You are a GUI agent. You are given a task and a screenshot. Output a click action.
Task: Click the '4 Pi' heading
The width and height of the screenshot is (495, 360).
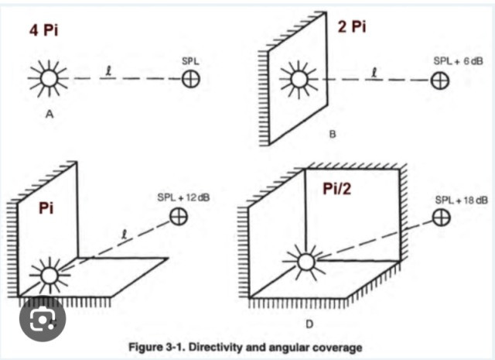[x=43, y=31]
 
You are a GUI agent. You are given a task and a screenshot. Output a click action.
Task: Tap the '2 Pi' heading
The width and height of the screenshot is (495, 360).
[x=352, y=26]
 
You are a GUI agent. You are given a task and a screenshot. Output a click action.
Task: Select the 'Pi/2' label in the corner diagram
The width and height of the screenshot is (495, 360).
[x=336, y=189]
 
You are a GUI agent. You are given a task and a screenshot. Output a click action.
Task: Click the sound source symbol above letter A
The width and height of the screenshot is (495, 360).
[x=49, y=78]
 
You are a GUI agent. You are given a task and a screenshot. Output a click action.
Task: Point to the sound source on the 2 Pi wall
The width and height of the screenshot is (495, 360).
[x=299, y=79]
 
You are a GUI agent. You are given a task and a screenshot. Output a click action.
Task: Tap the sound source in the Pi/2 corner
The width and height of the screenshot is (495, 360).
[x=306, y=262]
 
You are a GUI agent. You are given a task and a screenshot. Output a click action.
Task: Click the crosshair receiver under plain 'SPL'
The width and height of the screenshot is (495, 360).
[x=191, y=79]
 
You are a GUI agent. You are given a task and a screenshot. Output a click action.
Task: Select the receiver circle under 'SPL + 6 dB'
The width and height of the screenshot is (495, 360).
[x=440, y=81]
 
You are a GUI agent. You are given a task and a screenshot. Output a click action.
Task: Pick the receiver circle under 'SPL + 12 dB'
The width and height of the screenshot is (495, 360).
[x=179, y=217]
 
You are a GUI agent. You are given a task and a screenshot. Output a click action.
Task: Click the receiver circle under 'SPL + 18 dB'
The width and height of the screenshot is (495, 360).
[x=441, y=218]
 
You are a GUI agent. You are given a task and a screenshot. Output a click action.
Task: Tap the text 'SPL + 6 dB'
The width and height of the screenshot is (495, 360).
[x=459, y=61]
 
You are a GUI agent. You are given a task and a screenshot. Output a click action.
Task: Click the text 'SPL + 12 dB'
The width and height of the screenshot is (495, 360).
[x=183, y=197]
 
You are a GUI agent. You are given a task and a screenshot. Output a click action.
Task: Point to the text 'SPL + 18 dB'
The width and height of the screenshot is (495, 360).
[x=462, y=200]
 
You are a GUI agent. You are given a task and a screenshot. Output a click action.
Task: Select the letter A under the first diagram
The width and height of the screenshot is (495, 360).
[x=49, y=114]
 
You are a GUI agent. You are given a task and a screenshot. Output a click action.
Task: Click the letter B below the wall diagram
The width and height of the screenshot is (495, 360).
[x=333, y=135]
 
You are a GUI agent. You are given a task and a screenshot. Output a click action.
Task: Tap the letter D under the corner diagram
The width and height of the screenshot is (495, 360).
[x=309, y=324]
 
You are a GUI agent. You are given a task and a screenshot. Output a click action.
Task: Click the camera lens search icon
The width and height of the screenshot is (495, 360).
[x=43, y=318]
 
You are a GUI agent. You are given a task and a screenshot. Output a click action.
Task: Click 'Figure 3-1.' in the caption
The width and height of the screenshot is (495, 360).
[x=158, y=347]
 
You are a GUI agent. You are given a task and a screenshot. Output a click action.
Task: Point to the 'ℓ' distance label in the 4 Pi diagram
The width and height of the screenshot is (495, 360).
[x=108, y=72]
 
